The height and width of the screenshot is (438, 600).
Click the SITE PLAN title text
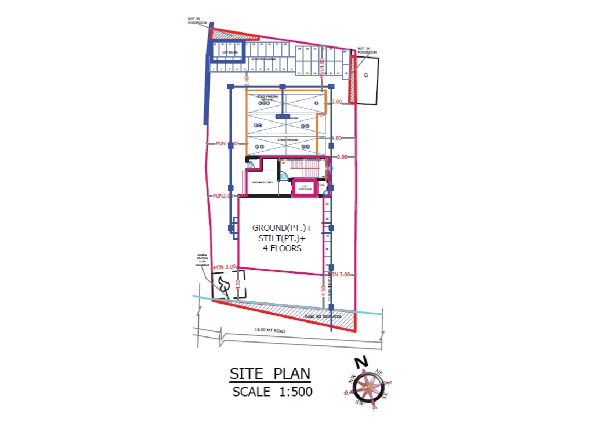pos(269,374)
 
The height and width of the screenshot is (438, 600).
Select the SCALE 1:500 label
pos(272,391)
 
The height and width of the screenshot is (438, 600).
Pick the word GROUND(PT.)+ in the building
pos(278,228)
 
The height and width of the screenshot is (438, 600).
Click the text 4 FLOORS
pos(278,248)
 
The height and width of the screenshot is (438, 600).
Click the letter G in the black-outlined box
pos(366,75)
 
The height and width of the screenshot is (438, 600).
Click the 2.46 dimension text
pos(246,80)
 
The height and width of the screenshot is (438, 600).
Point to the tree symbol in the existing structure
pos(222,286)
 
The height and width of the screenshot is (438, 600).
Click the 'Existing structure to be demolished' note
pos(202,261)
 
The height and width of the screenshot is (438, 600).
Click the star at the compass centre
pos(368,387)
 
